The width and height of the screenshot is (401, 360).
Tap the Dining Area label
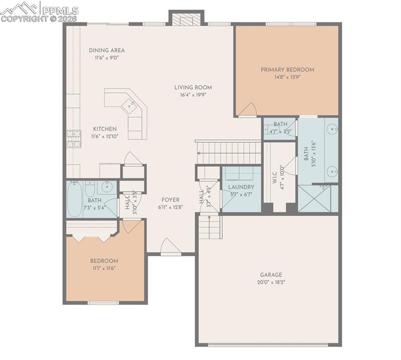tap(107, 50)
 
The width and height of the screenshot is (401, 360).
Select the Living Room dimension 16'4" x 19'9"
tap(193, 94)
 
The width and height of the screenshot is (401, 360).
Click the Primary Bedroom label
tap(287, 69)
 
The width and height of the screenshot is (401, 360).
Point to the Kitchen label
tap(105, 129)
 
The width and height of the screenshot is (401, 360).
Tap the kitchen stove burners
tap(74, 139)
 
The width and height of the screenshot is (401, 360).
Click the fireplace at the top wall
tap(186, 19)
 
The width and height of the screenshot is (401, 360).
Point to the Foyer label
tap(170, 200)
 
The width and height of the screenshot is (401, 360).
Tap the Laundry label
tap(241, 187)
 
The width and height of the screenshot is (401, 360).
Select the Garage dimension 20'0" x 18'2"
tap(272, 282)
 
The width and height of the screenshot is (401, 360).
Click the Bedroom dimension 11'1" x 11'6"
tap(104, 268)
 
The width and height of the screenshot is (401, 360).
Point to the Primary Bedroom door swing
tap(247, 110)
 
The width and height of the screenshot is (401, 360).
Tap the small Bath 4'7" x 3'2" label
tap(280, 124)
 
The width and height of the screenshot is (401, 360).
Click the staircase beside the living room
tap(228, 152)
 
